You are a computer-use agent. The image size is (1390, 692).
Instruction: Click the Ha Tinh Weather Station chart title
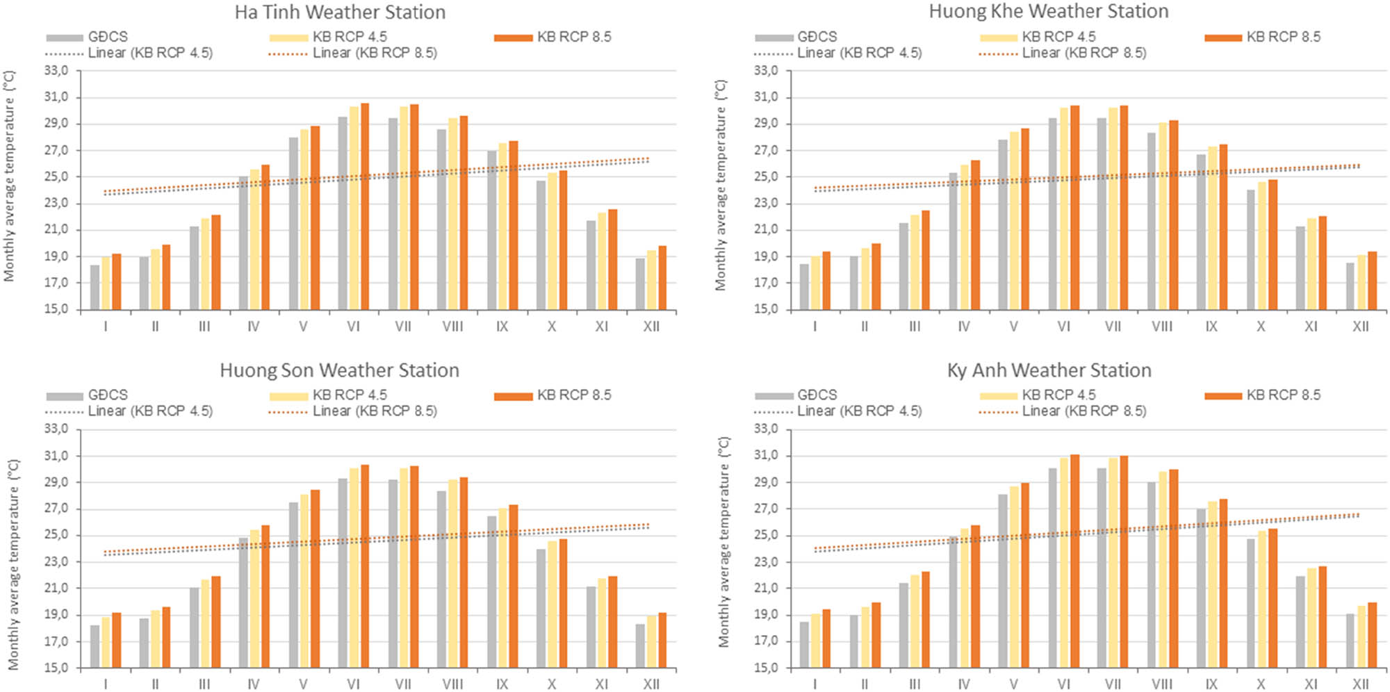340,13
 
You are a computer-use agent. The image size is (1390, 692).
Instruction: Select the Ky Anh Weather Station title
1049,370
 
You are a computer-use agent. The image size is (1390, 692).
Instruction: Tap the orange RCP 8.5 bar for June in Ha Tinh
365,206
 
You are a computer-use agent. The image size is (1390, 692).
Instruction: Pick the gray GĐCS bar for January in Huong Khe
804,287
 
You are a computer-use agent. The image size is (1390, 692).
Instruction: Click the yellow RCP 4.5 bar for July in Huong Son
404,568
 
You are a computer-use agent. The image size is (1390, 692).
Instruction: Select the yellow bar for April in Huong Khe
964,237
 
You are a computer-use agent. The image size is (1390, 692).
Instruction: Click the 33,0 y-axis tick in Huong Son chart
56,429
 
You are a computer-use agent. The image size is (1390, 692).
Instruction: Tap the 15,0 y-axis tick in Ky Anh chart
765,668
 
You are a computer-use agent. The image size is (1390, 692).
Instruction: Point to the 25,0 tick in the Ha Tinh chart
56,177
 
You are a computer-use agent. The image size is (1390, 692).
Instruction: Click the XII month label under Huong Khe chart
1360,327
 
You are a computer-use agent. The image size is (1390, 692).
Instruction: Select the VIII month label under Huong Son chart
452,684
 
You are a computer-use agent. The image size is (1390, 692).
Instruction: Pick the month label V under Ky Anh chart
1014,684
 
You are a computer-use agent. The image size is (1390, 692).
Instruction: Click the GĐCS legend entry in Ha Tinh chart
107,37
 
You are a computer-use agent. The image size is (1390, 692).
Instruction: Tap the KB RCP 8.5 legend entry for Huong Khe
1283,37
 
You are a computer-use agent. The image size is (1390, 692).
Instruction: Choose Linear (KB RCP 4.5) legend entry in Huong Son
150,411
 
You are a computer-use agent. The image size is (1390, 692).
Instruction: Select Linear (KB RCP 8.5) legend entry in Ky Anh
1084,411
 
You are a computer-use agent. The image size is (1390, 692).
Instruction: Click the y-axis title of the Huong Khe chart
721,186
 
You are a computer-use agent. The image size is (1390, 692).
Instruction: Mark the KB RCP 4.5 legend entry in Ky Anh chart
1058,395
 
